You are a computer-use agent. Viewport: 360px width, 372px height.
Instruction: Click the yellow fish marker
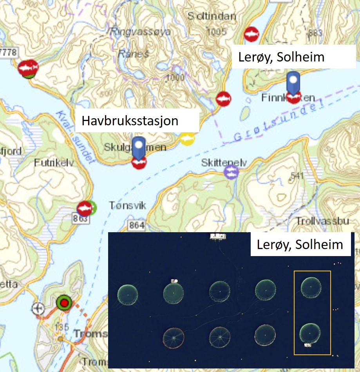tap(187, 138)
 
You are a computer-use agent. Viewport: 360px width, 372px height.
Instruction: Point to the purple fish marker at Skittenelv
tap(232, 172)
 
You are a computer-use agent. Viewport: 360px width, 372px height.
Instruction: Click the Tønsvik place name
tap(127, 206)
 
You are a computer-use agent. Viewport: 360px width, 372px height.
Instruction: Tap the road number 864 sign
tap(136, 225)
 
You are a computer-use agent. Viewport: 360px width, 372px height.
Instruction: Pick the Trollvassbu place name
tap(322, 221)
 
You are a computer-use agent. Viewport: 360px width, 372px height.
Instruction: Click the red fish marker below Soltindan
tap(251, 34)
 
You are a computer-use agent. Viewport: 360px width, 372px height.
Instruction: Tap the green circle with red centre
tap(63, 302)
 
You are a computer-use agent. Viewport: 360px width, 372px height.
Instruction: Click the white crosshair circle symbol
tap(38, 309)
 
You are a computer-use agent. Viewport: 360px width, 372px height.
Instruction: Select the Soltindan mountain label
tap(212, 16)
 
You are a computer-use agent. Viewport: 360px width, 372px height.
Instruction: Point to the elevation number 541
tap(297, 176)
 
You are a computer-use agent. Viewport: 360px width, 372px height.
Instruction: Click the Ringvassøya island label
tap(141, 32)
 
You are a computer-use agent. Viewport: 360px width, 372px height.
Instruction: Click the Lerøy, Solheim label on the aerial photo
tap(300, 244)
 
